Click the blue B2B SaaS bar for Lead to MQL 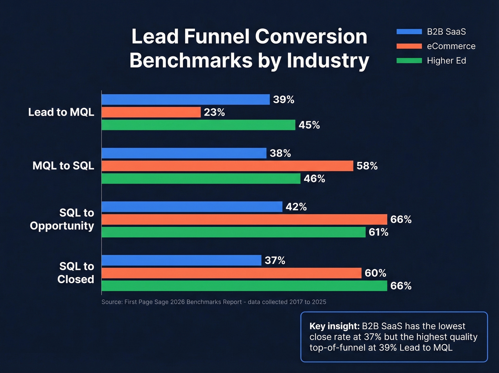pyautogui.click(x=185, y=100)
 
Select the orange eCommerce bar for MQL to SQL pyautogui.click(x=227, y=166)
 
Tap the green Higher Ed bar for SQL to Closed pyautogui.click(x=244, y=286)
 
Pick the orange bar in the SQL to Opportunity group pyautogui.click(x=244, y=220)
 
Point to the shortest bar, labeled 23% pyautogui.click(x=151, y=112)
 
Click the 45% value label pyautogui.click(x=309, y=125)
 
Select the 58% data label pyautogui.click(x=367, y=166)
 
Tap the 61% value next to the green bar pyautogui.click(x=378, y=232)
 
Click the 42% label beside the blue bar pyautogui.click(x=296, y=207)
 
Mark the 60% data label pyautogui.click(x=375, y=273)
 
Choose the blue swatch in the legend pyautogui.click(x=409, y=32)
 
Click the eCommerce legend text pyautogui.click(x=451, y=46)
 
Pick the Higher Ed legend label pyautogui.click(x=446, y=61)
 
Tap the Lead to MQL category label pyautogui.click(x=61, y=112)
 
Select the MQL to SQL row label pyautogui.click(x=63, y=166)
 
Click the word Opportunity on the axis pyautogui.click(x=62, y=226)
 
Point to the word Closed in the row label pyautogui.click(x=76, y=279)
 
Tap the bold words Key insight pyautogui.click(x=334, y=326)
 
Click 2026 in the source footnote pyautogui.click(x=178, y=302)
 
